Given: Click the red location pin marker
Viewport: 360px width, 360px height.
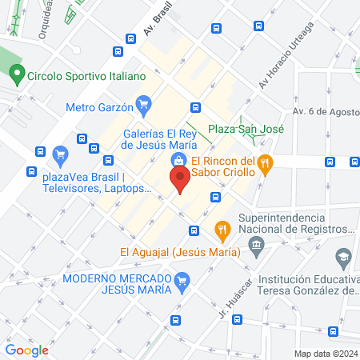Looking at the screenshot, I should pyautogui.click(x=180, y=178).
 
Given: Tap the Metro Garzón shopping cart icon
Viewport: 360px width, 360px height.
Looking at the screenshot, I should pyautogui.click(x=144, y=102).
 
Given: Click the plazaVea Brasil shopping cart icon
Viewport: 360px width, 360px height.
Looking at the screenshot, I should pyautogui.click(x=58, y=154).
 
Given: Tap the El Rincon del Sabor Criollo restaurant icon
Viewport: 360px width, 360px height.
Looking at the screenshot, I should pyautogui.click(x=267, y=165).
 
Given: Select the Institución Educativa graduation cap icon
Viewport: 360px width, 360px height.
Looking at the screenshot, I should pyautogui.click(x=342, y=258).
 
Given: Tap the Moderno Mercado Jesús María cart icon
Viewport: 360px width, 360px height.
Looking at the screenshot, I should pyautogui.click(x=182, y=280).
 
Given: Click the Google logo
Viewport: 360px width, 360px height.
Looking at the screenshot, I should pyautogui.click(x=26, y=350).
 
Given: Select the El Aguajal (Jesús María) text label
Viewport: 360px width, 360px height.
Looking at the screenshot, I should pyautogui.click(x=180, y=252).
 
